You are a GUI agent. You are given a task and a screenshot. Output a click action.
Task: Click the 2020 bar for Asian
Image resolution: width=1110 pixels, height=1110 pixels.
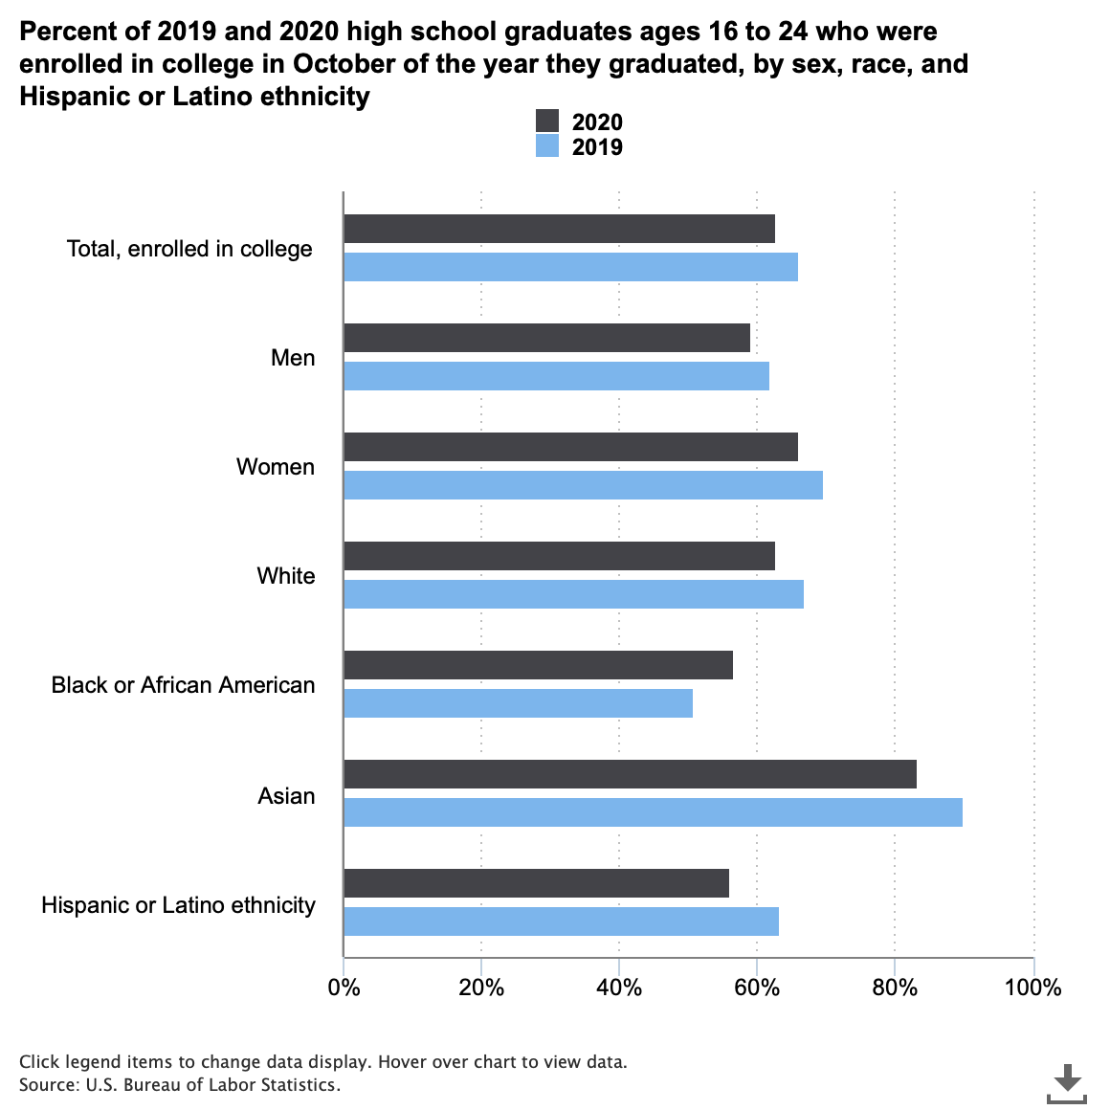tap(630, 774)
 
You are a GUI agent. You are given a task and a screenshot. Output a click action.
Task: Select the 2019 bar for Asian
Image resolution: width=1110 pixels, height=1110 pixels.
tap(653, 812)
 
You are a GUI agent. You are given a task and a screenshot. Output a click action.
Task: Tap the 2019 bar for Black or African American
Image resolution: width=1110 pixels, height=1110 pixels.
tap(518, 703)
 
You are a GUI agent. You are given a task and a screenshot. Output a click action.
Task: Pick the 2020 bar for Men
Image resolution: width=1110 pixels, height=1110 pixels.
tap(546, 338)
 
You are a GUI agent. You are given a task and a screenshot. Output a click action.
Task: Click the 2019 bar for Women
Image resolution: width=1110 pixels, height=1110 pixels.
tap(583, 485)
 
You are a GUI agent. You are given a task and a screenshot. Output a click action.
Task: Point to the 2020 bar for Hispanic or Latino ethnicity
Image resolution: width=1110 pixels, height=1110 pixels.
tap(536, 883)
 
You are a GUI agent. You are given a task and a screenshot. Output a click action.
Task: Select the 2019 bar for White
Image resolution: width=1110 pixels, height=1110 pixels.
tap(573, 594)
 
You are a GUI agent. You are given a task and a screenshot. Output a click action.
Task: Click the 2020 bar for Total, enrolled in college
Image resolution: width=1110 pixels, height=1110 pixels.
tap(559, 229)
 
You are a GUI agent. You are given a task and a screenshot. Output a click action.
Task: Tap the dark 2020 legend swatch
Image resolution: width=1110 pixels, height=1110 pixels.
tap(547, 122)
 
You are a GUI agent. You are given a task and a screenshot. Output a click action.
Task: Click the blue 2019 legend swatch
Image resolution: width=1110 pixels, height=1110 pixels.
tap(547, 146)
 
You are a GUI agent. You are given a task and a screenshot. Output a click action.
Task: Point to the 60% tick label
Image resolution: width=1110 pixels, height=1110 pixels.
tap(757, 988)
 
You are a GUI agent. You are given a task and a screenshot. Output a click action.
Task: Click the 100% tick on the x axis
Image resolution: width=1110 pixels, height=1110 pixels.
tap(1033, 988)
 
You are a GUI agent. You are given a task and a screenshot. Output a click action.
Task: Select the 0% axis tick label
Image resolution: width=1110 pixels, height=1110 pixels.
tap(344, 988)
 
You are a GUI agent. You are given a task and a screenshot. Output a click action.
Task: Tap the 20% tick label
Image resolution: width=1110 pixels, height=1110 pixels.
tap(481, 988)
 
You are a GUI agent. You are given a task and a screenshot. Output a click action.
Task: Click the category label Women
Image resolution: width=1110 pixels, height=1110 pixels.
tap(276, 467)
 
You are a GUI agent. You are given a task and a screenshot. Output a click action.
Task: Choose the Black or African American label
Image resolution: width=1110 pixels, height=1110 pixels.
tap(183, 685)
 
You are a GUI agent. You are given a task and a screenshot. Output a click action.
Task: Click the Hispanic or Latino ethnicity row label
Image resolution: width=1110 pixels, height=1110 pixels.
tap(178, 905)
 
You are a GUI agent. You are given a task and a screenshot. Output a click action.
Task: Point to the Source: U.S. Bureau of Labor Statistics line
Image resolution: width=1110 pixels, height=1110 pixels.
tap(180, 1085)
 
